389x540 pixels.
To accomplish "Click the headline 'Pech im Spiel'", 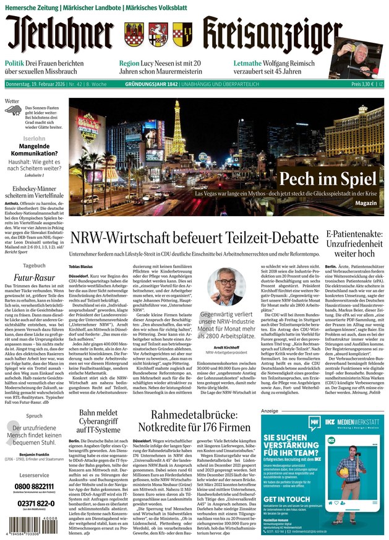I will tap(327, 179).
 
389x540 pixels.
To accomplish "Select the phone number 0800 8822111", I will tap(30, 486).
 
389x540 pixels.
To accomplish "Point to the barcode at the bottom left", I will tap(30, 528).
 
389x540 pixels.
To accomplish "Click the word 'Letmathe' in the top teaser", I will tap(250, 64).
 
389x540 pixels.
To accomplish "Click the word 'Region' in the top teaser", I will tap(129, 64).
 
